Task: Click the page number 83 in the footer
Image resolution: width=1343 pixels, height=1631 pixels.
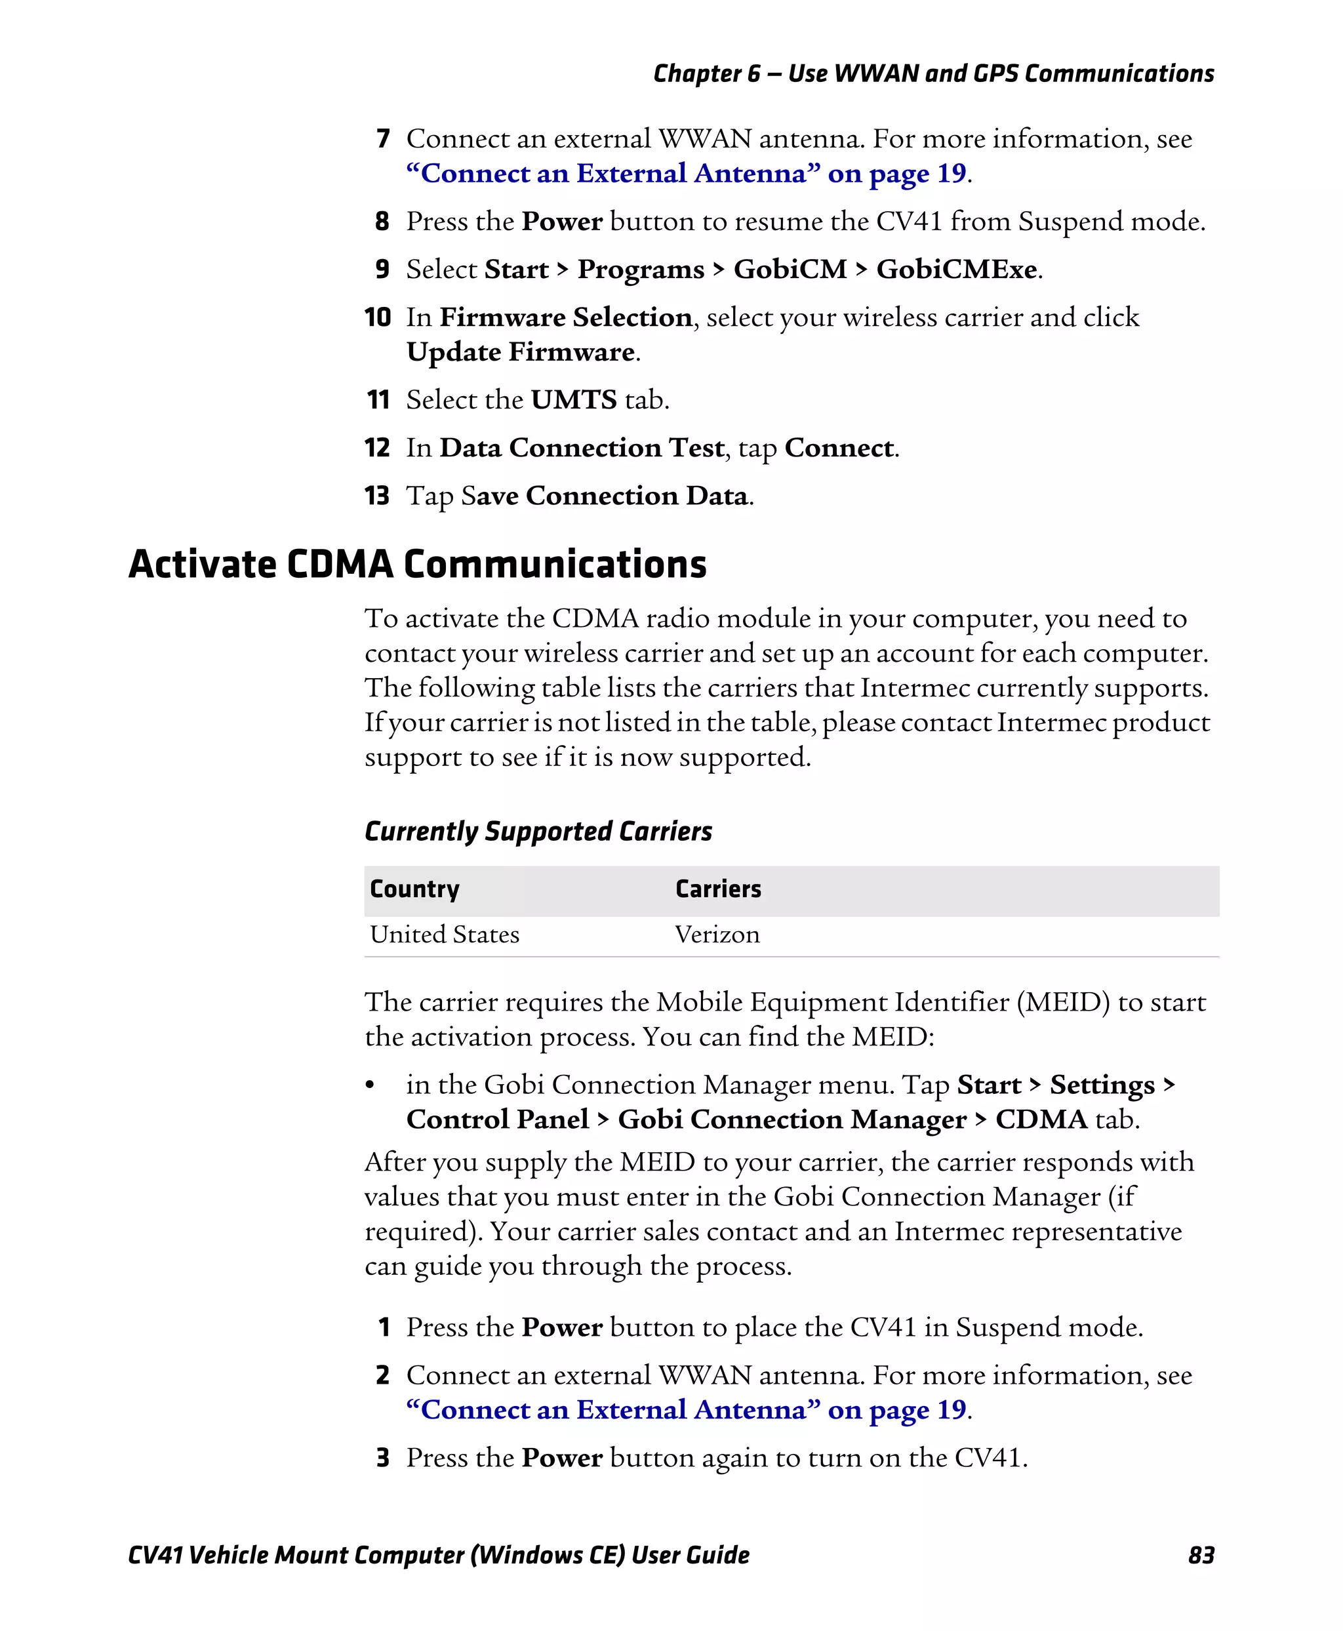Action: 1201,1554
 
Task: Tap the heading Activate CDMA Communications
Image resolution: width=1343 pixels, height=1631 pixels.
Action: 417,563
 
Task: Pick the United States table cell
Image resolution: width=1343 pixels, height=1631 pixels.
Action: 445,934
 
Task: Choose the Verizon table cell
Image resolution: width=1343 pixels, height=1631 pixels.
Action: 717,934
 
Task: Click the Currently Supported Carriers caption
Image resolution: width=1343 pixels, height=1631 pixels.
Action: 538,831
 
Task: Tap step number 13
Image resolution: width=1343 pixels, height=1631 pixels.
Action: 377,495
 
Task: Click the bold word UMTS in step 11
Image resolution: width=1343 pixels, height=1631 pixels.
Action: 573,400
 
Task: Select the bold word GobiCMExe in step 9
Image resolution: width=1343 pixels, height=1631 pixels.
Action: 956,270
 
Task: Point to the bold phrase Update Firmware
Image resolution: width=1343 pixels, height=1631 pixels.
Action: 521,352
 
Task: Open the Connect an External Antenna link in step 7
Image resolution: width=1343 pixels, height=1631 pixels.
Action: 685,173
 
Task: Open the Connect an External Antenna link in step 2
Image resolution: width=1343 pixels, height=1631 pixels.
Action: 685,1410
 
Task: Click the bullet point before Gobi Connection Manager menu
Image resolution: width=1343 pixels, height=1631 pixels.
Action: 371,1086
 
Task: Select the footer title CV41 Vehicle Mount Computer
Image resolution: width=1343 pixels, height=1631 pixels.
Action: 438,1554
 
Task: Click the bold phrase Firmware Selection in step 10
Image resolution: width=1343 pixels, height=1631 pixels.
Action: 565,317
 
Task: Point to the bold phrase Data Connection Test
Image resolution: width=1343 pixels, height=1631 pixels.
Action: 582,448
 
